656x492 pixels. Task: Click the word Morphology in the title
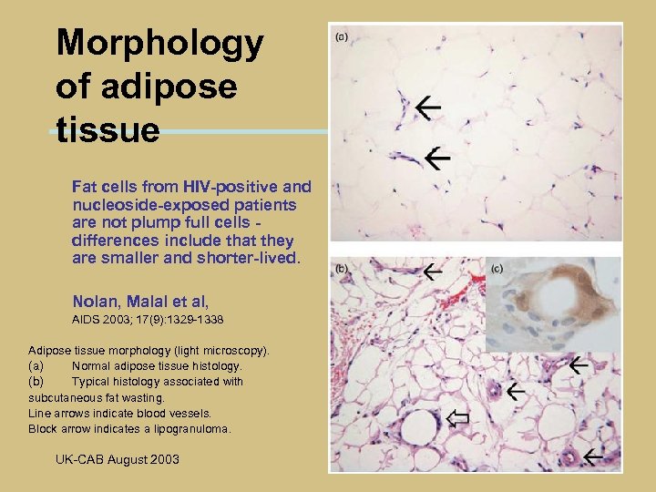(159, 43)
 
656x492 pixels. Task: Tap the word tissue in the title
(108, 128)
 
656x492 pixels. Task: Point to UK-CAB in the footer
(79, 459)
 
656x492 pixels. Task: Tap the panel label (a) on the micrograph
(343, 37)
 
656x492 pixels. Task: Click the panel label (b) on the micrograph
(343, 269)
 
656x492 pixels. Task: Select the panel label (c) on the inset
(497, 269)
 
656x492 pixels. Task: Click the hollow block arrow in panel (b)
(458, 418)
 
